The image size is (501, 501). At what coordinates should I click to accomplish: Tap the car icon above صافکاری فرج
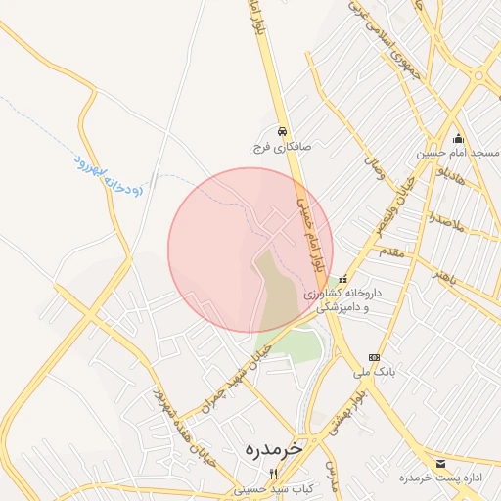282,130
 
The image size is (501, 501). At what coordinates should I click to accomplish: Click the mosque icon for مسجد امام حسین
458,138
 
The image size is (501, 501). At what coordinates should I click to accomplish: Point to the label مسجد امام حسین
458,154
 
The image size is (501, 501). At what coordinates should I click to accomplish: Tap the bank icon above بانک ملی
373,357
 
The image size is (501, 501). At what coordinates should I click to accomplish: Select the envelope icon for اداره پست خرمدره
439,463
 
